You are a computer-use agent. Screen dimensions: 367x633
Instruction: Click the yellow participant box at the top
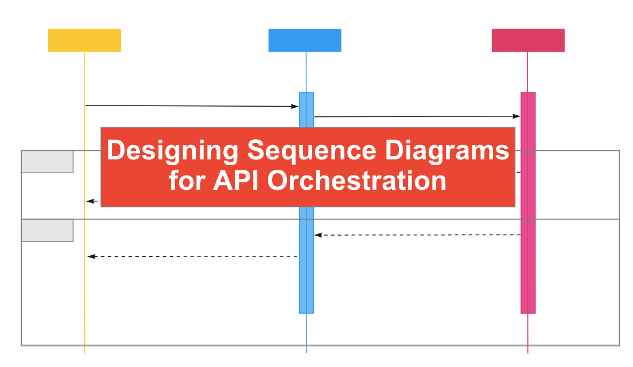click(84, 40)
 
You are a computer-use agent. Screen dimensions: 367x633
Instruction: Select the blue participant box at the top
click(305, 40)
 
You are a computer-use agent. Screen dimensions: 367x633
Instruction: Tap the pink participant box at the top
click(528, 40)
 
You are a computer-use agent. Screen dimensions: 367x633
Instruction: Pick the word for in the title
click(188, 181)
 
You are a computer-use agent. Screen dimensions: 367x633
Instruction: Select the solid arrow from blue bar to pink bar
click(416, 116)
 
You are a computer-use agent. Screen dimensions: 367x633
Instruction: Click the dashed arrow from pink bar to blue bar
click(418, 235)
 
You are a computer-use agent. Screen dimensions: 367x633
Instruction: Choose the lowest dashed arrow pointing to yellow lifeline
click(192, 256)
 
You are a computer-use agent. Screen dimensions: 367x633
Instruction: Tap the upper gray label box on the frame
click(47, 162)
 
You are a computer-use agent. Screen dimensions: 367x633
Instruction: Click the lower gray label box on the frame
click(47, 230)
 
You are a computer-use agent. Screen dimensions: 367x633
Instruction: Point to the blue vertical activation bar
click(306, 275)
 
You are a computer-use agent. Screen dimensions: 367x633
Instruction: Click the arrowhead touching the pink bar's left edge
click(517, 116)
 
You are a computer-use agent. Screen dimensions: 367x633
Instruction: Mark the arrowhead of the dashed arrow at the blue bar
click(318, 235)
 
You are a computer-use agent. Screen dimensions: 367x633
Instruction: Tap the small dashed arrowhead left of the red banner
click(90, 201)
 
